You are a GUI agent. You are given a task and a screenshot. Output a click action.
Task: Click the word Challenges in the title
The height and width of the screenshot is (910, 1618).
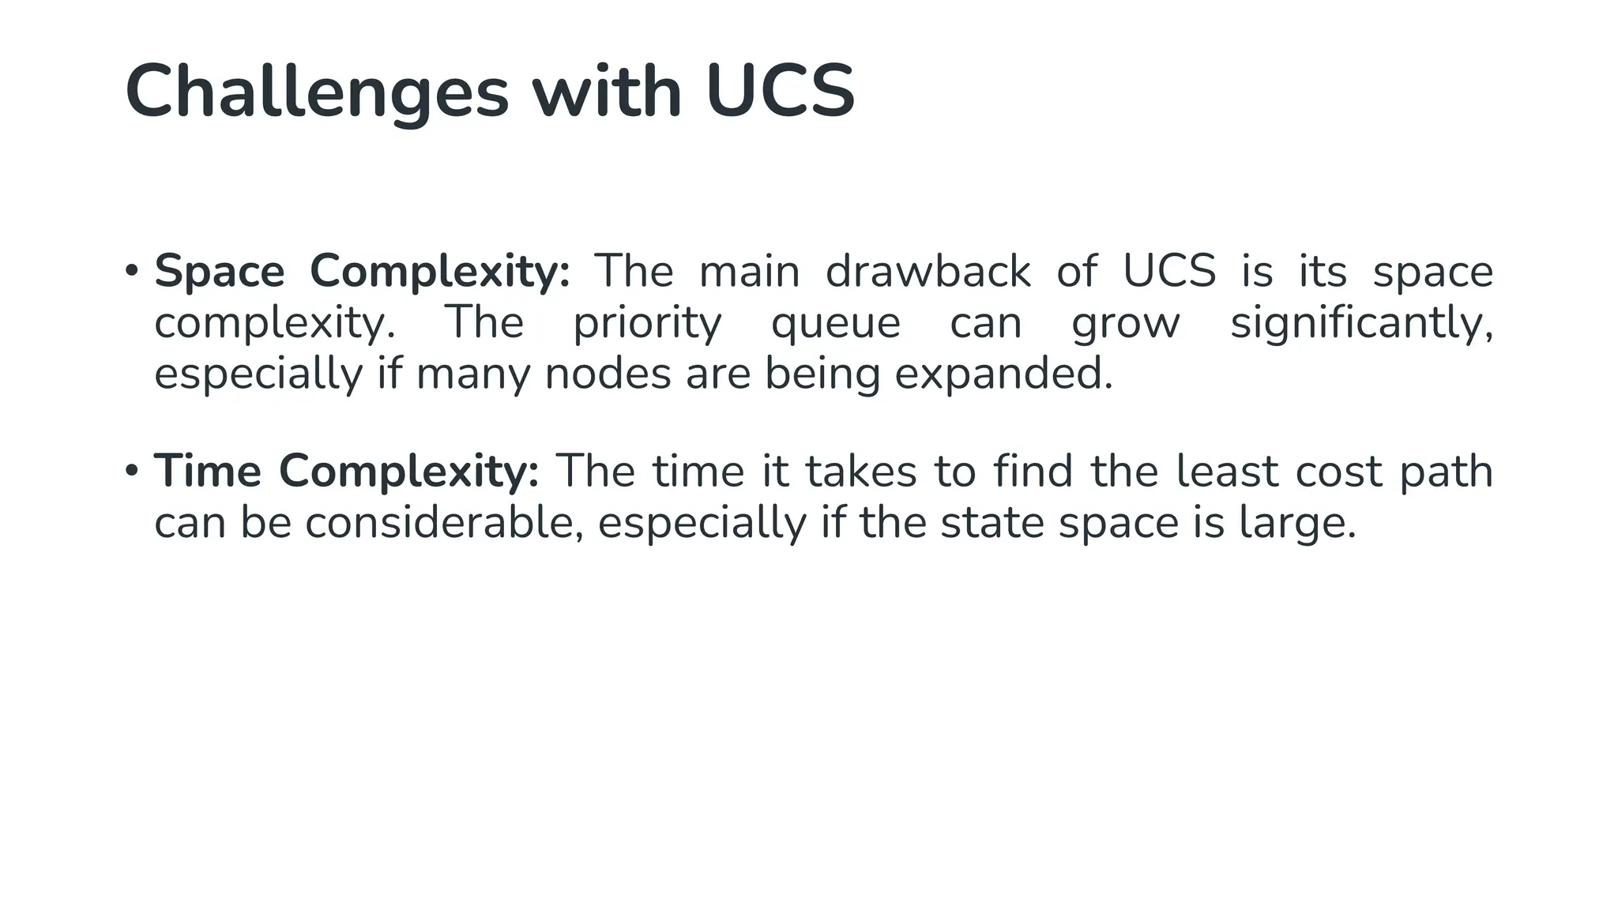tap(317, 92)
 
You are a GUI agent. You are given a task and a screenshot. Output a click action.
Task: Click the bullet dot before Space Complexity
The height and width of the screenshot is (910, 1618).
tap(132, 271)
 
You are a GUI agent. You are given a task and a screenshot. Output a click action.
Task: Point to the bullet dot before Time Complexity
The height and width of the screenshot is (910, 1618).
tap(132, 471)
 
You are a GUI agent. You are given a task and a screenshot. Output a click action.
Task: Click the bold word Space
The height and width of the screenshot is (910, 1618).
tap(219, 271)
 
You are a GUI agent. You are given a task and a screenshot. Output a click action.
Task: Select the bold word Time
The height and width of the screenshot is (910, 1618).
tap(207, 471)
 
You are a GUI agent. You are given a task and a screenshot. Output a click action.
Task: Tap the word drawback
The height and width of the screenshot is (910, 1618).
tap(928, 271)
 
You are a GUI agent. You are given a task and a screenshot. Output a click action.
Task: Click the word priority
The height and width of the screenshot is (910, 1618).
tap(647, 323)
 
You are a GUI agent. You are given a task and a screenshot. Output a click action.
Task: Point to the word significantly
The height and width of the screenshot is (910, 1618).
tap(1361, 323)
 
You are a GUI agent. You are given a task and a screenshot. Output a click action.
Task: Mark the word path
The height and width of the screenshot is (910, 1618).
tap(1446, 472)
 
